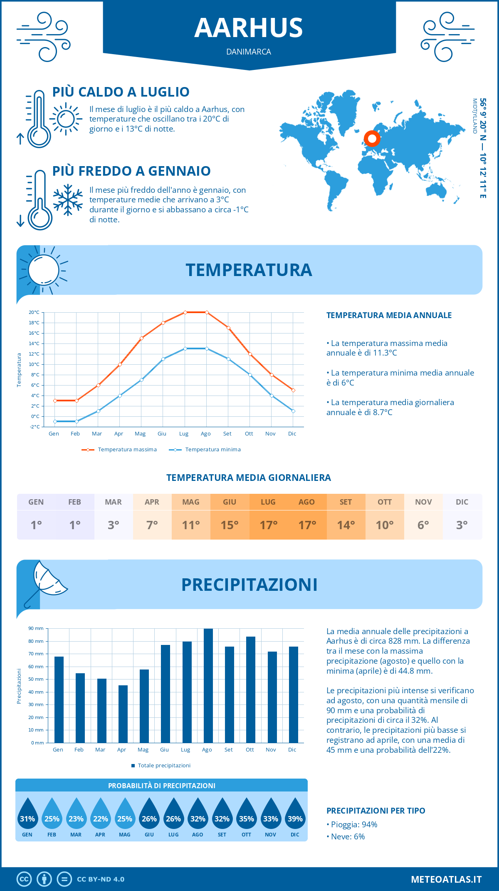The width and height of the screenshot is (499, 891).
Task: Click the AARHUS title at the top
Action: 249,28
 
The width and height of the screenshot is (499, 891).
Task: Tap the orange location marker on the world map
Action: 372,139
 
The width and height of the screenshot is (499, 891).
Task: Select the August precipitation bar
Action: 208,685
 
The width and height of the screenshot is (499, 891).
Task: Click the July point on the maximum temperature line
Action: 185,312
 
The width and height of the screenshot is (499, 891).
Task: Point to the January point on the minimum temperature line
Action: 55,421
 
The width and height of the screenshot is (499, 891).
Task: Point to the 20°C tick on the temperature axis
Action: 34,312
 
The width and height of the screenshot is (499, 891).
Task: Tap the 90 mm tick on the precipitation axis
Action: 36,628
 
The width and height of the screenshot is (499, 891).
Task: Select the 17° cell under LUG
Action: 268,525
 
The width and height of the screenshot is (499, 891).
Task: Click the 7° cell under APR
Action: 152,525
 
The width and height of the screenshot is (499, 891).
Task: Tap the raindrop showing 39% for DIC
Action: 295,814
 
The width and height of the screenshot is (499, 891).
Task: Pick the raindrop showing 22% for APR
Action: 100,814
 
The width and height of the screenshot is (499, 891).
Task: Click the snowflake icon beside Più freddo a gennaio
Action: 68,200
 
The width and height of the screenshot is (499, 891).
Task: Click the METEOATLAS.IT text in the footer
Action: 446,879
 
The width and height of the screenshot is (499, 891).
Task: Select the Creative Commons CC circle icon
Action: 24,879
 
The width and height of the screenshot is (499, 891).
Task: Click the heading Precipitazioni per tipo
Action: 375,811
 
